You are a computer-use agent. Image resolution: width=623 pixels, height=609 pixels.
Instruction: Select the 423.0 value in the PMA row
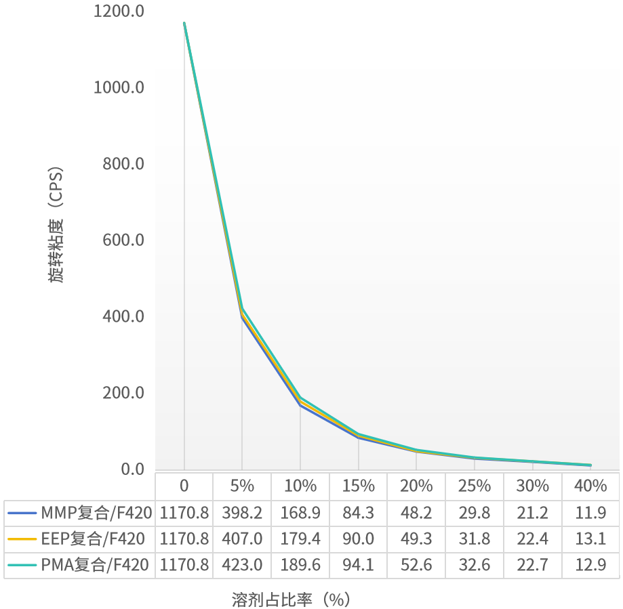[x=242, y=564]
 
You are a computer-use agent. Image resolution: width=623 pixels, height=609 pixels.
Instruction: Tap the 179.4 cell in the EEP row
[x=300, y=539]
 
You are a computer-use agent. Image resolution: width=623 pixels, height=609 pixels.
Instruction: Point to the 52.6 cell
[x=416, y=564]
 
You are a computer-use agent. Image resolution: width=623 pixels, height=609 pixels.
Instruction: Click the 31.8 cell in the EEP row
[x=474, y=539]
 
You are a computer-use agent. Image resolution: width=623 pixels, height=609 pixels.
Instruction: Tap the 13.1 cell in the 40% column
[x=590, y=539]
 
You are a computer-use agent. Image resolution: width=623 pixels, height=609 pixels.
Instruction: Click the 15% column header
[x=358, y=486]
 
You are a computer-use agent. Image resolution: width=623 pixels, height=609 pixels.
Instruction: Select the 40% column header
[x=590, y=486]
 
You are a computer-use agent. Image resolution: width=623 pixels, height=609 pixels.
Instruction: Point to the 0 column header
[x=184, y=486]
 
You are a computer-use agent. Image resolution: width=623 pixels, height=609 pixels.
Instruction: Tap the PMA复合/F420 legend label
[x=94, y=564]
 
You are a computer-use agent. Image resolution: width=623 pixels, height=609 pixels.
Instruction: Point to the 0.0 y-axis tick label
[x=132, y=469]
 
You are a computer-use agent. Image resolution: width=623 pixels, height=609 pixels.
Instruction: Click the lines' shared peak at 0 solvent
[x=184, y=23]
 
